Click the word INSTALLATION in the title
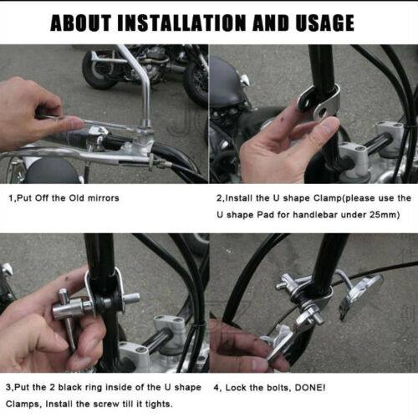[x=181, y=23]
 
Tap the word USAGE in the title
[x=324, y=23]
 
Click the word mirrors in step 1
[x=104, y=198]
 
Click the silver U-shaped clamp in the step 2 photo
[x=320, y=102]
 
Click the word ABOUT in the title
[x=81, y=23]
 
